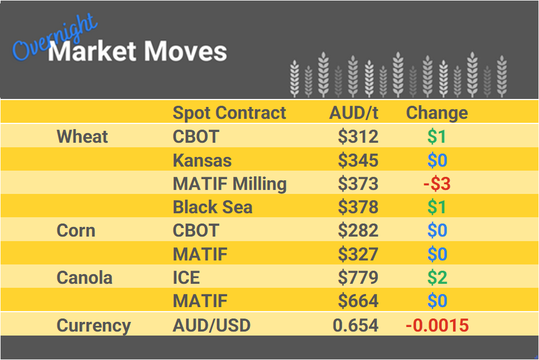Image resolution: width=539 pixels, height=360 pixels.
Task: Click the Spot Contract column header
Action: click(x=229, y=113)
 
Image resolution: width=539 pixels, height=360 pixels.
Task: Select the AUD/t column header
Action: click(x=353, y=113)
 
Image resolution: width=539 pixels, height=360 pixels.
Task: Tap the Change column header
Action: click(x=437, y=113)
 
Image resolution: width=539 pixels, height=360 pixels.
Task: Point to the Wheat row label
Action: click(x=83, y=136)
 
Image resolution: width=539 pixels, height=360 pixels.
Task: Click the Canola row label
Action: click(x=85, y=278)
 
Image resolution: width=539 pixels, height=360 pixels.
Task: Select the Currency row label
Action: click(x=94, y=325)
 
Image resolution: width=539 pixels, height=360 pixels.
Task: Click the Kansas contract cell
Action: click(x=202, y=160)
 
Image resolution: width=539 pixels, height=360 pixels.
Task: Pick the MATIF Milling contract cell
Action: click(x=229, y=184)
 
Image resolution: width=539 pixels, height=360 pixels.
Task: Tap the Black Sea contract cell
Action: click(x=212, y=207)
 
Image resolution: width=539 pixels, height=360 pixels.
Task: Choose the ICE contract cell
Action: click(x=186, y=278)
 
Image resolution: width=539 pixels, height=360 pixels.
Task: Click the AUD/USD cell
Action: click(x=211, y=325)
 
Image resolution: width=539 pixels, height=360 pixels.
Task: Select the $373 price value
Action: click(x=358, y=184)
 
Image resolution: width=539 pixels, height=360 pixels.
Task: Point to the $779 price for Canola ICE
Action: click(x=358, y=278)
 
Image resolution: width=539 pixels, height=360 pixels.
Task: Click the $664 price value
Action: click(x=358, y=301)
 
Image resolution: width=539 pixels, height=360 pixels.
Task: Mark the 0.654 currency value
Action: click(x=356, y=325)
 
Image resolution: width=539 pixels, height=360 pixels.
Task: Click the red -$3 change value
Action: click(x=437, y=184)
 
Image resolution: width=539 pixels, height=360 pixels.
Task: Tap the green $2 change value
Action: click(x=437, y=278)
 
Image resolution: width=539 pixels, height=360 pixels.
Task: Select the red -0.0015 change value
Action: click(x=437, y=325)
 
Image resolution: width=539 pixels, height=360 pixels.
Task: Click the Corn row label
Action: click(x=76, y=230)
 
